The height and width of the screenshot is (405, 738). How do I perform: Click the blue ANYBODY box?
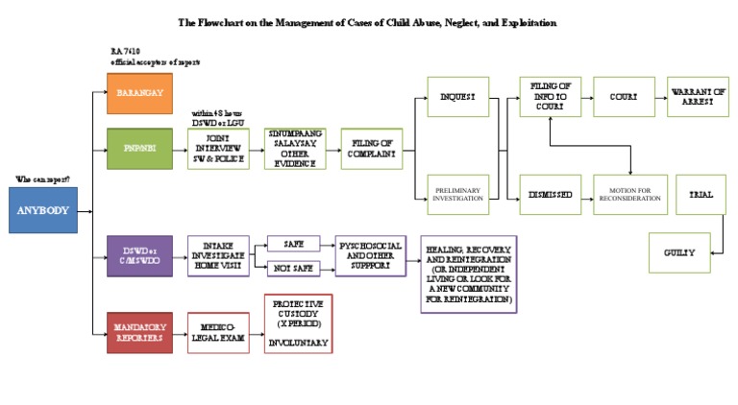[43, 210]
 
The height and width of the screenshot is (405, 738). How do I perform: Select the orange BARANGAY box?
[139, 93]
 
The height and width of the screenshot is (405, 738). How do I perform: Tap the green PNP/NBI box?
[139, 149]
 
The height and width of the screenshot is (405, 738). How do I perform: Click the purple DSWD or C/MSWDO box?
[139, 256]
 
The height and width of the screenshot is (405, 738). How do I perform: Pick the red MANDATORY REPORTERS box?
[139, 332]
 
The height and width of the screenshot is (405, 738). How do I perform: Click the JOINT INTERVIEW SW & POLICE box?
[218, 149]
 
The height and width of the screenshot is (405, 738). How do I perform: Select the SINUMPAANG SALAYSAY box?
[295, 149]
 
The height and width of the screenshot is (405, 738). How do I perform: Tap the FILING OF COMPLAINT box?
[372, 149]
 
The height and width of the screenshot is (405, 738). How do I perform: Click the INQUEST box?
[457, 97]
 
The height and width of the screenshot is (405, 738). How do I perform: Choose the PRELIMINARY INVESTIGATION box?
[457, 195]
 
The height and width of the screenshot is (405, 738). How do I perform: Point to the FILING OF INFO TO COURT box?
[550, 97]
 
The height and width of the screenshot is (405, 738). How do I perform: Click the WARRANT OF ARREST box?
[698, 97]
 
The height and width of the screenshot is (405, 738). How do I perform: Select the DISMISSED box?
[550, 195]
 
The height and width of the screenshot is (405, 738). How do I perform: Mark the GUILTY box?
[678, 252]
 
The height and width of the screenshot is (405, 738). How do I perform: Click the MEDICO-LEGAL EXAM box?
[219, 332]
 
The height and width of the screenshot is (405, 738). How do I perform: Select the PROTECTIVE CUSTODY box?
[298, 323]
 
